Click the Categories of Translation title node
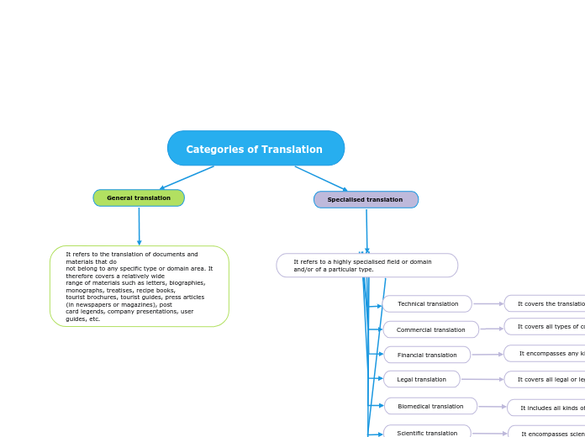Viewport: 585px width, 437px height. coord(256,149)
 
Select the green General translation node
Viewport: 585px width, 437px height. coord(139,198)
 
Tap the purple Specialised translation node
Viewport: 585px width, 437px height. coord(366,200)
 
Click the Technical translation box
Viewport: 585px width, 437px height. coord(428,304)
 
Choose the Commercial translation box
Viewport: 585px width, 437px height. coord(430,330)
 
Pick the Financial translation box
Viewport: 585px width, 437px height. coord(427,355)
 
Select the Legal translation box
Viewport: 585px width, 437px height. coord(422,380)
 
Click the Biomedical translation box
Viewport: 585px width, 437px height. coord(430,407)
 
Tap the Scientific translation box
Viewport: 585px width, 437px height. coord(427,432)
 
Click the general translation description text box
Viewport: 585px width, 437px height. coord(140,287)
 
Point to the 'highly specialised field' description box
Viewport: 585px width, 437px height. coord(366,266)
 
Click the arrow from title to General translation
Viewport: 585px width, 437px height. coord(187,178)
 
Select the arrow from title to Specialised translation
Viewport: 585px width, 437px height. coord(321,179)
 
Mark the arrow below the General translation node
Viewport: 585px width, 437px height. coord(140,226)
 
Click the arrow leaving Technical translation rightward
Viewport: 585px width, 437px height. coord(488,304)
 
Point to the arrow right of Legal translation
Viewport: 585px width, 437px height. coord(482,380)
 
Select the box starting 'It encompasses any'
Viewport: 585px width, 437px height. coord(546,354)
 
